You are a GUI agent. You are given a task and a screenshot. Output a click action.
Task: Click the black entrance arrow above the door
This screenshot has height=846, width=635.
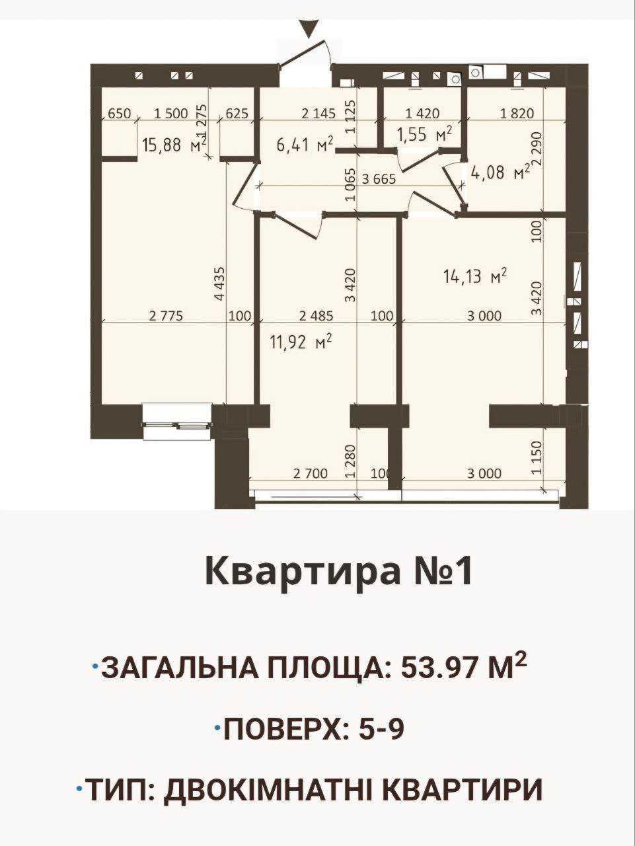point(310,29)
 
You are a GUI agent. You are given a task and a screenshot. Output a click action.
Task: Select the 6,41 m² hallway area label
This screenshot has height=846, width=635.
point(305,145)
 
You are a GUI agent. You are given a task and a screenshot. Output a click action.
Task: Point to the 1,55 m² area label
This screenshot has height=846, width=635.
point(424,135)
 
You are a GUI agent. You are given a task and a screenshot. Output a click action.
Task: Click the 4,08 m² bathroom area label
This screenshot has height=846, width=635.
point(500,172)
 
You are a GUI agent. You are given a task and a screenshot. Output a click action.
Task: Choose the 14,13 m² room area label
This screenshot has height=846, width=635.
point(474,276)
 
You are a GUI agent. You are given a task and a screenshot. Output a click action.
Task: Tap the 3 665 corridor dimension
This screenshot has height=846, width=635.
point(379,179)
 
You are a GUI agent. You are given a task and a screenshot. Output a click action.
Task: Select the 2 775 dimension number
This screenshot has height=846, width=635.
point(166,316)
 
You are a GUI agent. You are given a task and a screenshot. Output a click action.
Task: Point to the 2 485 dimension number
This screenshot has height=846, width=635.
point(316,316)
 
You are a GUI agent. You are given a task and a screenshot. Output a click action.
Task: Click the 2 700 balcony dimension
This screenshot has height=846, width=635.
point(310,473)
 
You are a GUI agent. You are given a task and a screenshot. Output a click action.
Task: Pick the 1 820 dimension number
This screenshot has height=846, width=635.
point(517,114)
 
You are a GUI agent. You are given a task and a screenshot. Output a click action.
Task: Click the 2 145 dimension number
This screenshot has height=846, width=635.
point(318,114)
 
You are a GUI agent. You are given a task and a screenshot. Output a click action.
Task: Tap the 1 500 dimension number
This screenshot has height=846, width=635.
point(170,114)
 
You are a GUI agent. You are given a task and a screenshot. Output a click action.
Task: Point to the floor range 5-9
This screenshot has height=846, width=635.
point(381,730)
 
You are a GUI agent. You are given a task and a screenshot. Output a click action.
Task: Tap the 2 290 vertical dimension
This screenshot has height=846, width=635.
point(537,149)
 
